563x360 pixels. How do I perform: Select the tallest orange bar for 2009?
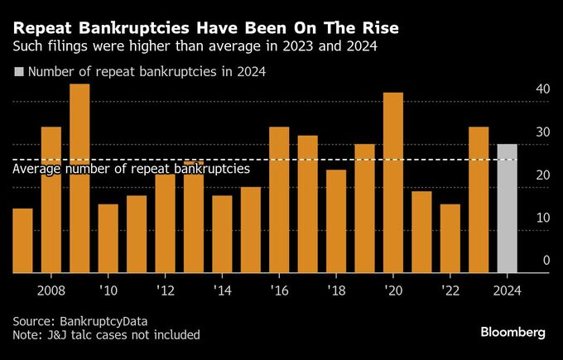coord(79,178)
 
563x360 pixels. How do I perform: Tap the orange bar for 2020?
coord(393,182)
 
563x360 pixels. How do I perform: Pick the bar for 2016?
coord(279,199)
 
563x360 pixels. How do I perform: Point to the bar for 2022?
coord(450,238)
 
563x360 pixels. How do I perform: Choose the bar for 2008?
coord(51,199)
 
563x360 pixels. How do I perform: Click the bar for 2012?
coord(165,223)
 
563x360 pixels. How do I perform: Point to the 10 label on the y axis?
coord(543,218)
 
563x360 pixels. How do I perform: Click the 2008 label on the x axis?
coord(51,290)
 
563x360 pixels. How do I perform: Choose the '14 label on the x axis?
coord(222,290)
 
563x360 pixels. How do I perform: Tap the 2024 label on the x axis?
coord(507,290)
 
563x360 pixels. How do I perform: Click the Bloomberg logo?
coord(512,332)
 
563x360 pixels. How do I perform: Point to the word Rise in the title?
coord(378,28)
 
